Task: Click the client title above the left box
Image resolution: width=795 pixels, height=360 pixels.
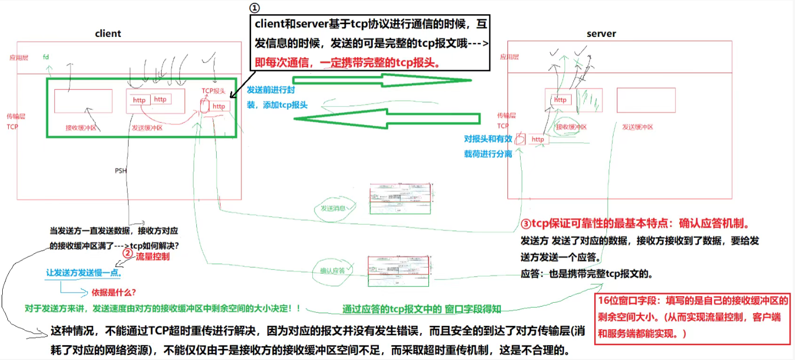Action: pos(108,34)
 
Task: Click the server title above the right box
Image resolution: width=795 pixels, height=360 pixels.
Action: pos(601,34)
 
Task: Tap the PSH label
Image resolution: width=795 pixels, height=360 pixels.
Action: pos(121,171)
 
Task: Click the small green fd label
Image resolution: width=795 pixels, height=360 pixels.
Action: pos(46,57)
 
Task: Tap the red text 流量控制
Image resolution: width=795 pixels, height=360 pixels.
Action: pos(152,256)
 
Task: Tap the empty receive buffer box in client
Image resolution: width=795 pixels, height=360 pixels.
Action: pos(83,101)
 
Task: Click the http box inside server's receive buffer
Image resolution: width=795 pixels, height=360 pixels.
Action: pos(560,99)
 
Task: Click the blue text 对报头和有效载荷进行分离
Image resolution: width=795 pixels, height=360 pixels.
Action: pos(488,146)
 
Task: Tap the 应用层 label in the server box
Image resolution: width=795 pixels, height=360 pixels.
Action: pos(509,57)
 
